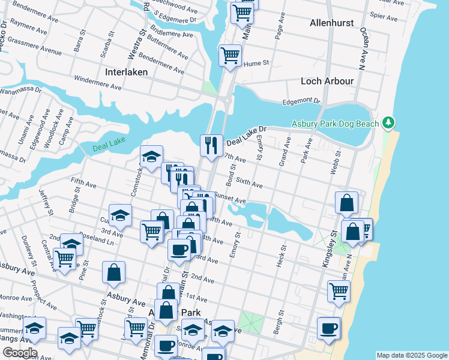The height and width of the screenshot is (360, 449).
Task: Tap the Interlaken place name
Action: (126, 72)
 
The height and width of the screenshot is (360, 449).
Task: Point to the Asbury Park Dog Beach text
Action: (335, 124)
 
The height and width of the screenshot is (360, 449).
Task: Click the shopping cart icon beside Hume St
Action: (230, 56)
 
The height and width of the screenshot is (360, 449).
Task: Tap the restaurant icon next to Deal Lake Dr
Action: (211, 145)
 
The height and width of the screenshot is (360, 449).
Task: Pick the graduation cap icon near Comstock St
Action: (151, 157)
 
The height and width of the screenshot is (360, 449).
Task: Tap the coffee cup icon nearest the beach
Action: (328, 328)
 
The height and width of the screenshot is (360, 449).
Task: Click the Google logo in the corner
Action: (19, 352)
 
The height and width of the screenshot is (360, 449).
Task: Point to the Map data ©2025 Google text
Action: (411, 355)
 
